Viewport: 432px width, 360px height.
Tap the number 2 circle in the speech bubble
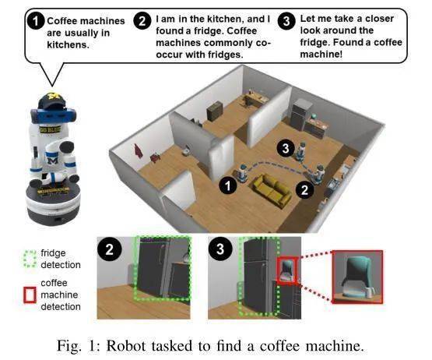[142, 22]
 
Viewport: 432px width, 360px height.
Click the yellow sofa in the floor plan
[275, 187]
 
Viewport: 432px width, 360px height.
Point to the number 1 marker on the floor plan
[227, 185]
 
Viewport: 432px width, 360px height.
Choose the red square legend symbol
[30, 295]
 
